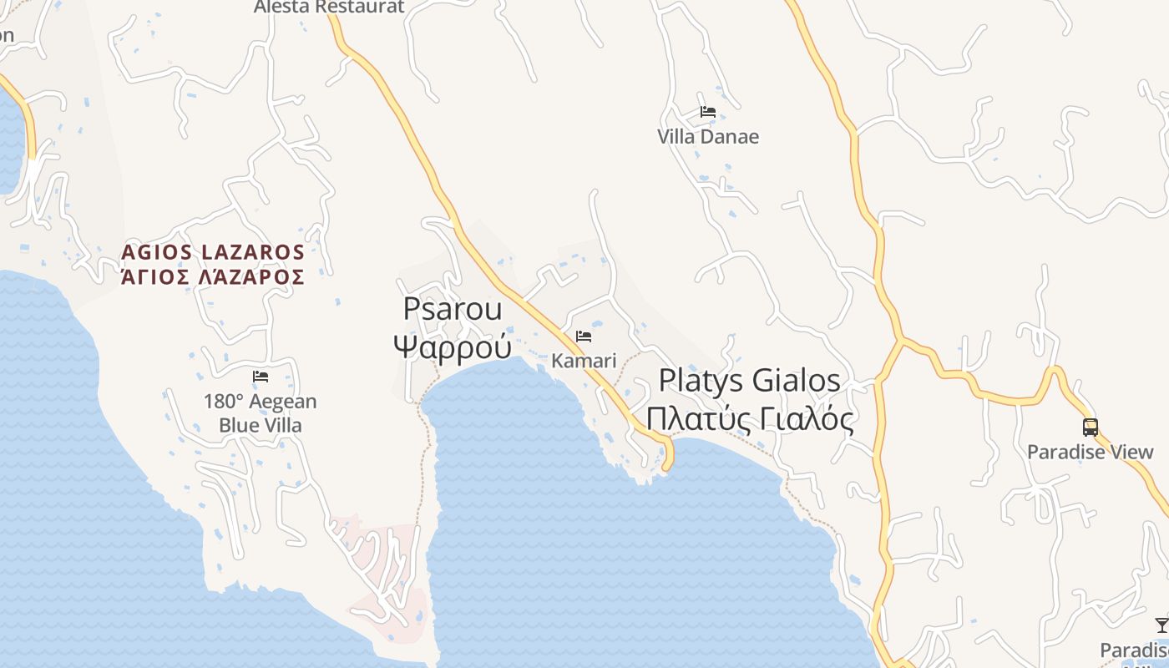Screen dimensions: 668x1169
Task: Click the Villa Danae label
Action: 708,136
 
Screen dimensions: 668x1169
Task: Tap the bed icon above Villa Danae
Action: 708,111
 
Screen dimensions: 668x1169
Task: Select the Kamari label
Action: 584,361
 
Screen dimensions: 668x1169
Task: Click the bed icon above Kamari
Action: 584,337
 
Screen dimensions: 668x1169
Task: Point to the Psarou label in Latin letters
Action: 453,309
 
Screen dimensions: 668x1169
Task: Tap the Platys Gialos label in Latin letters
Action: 749,381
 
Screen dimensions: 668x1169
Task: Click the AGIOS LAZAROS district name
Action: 213,251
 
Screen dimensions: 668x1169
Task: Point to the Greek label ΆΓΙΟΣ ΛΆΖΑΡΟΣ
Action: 213,276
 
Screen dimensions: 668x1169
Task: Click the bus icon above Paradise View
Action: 1091,428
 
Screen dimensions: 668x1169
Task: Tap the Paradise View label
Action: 1090,452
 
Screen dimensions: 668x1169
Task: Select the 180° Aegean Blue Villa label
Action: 261,413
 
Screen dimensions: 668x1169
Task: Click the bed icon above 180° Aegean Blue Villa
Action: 261,377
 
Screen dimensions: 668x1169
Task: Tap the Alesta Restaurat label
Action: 329,7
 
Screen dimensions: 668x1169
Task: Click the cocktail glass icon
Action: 1161,625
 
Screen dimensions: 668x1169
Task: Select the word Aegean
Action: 281,402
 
